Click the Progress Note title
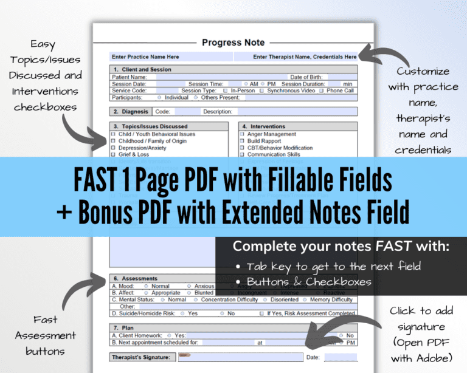(233, 43)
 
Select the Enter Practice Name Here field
(145, 57)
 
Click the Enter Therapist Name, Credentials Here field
(305, 57)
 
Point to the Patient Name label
(129, 77)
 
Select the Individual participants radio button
(159, 97)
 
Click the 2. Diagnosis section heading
(131, 112)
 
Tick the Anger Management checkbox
(242, 134)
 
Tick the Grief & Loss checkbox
(113, 154)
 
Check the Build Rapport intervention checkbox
(242, 141)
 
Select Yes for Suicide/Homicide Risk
(184, 313)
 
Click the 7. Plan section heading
(124, 327)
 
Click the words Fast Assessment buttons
(46, 335)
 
